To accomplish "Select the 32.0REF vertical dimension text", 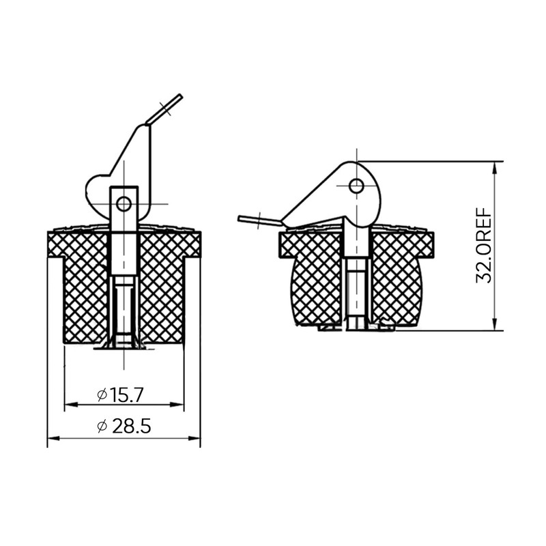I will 485,245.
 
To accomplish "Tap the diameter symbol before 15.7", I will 101,395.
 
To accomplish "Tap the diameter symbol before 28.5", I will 102,427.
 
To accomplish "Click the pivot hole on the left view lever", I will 124,203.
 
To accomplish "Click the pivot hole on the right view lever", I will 356,185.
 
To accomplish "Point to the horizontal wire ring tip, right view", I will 241,218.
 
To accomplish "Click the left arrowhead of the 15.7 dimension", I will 68,405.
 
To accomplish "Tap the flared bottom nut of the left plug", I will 124,343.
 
